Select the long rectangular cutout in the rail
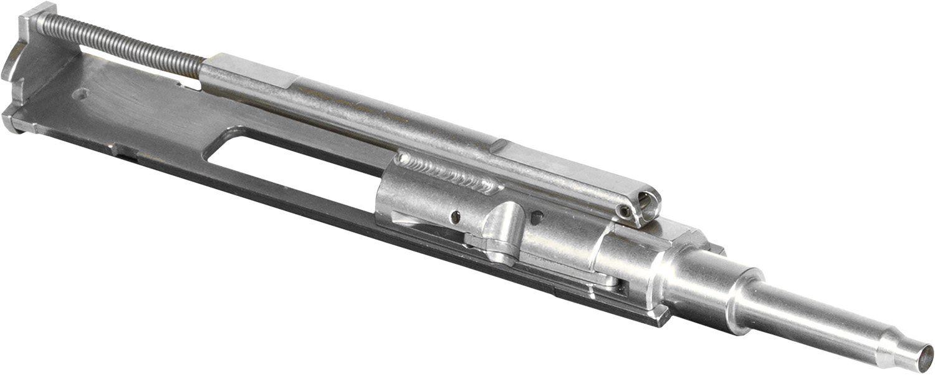click(293, 168)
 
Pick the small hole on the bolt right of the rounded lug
click(535, 218)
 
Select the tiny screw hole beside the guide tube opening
click(625, 213)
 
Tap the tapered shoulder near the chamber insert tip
click(898, 346)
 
